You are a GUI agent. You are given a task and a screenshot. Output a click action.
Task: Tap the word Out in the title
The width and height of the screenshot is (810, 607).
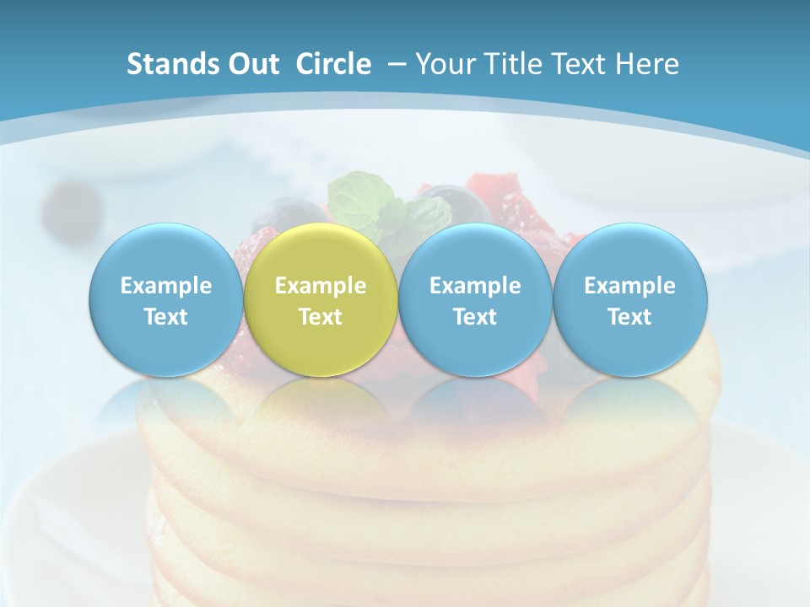(251, 64)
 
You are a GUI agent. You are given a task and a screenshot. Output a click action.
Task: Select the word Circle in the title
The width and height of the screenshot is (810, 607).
(333, 64)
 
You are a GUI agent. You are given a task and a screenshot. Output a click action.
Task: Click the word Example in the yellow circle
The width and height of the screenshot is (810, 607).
(321, 287)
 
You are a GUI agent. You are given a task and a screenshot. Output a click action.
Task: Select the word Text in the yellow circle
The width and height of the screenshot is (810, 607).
(321, 317)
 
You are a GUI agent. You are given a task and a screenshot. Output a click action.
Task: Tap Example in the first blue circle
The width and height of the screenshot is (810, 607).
(165, 287)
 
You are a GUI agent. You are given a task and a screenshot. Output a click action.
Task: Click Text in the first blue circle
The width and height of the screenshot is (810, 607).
(165, 317)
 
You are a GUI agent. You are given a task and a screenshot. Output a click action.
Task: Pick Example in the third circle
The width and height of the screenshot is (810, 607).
(475, 287)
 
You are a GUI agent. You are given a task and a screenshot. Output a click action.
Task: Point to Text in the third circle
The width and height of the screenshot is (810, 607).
(475, 317)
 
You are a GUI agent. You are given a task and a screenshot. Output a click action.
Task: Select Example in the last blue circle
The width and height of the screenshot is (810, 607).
(629, 287)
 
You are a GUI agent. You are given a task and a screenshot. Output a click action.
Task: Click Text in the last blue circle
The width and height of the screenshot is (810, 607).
(629, 317)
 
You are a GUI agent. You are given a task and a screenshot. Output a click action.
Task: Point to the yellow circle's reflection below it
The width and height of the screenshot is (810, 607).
(321, 400)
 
